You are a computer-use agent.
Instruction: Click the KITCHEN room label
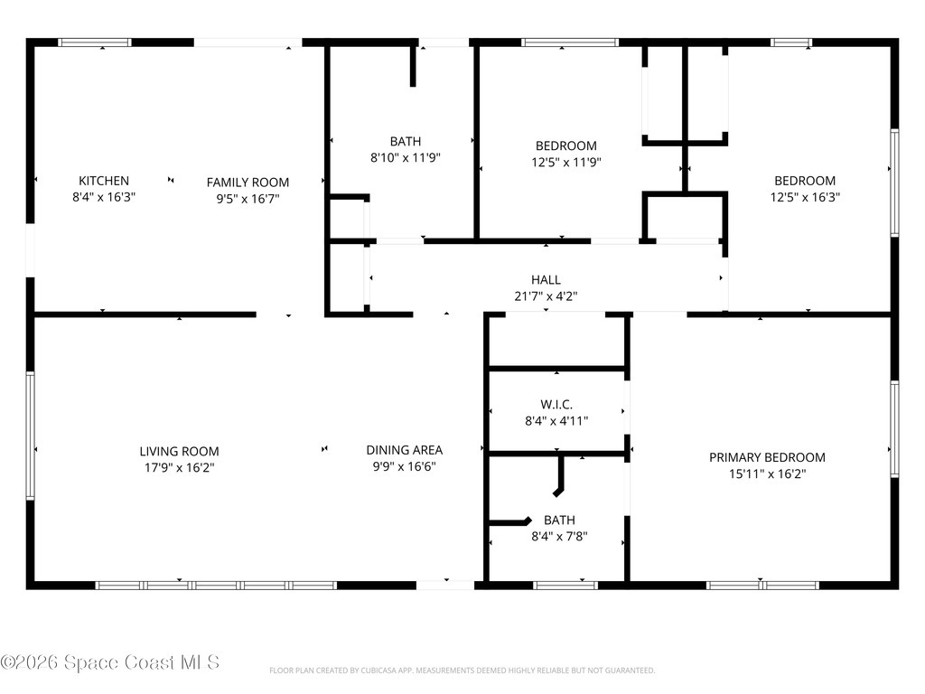click(104, 181)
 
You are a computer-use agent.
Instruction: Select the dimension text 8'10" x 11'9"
click(406, 157)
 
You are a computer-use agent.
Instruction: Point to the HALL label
click(546, 280)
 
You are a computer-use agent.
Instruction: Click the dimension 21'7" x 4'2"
click(546, 295)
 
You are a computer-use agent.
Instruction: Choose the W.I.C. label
click(556, 404)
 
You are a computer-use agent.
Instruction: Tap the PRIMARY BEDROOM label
click(767, 457)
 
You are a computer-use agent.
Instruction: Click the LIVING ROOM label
click(179, 451)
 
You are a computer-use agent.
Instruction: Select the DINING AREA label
click(404, 450)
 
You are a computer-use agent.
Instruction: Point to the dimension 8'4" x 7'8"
click(559, 536)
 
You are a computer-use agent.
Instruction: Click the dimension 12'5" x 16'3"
click(804, 196)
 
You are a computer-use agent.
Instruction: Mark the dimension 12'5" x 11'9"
click(566, 162)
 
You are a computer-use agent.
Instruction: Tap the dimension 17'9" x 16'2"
click(179, 467)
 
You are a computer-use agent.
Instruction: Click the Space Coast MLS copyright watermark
click(109, 663)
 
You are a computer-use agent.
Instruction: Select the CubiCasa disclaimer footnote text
click(462, 671)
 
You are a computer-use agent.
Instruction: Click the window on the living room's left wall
click(30, 436)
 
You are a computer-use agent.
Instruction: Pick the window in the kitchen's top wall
click(95, 42)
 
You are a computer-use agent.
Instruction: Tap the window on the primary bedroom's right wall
click(894, 428)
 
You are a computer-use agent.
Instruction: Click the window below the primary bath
click(565, 586)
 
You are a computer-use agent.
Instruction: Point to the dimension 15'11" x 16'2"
click(767, 473)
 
